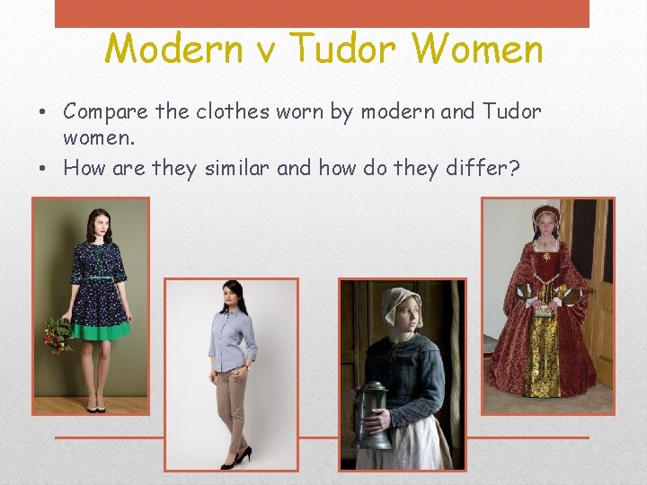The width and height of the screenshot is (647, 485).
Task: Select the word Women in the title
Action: click(485, 48)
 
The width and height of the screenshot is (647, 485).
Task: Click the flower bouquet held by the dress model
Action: click(58, 334)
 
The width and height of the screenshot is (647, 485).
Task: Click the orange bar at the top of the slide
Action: click(322, 13)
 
